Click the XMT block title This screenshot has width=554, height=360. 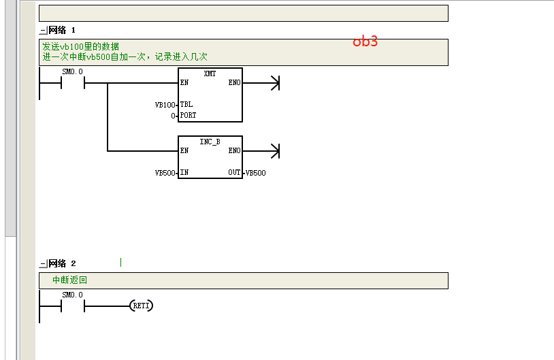pyautogui.click(x=210, y=73)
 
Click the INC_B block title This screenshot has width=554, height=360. pyautogui.click(x=210, y=142)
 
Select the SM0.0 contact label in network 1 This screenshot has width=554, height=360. pyautogui.click(x=72, y=71)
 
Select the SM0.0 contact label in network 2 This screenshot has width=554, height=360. pyautogui.click(x=72, y=295)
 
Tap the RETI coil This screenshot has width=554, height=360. pyautogui.click(x=142, y=306)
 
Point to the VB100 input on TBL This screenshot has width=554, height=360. pyautogui.click(x=165, y=105)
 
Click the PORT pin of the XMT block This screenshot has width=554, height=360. pyautogui.click(x=188, y=115)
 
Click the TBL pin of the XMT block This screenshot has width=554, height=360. pyautogui.click(x=186, y=104)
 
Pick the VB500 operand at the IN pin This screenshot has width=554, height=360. pyautogui.click(x=165, y=173)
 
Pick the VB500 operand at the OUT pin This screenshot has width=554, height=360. pyautogui.click(x=255, y=173)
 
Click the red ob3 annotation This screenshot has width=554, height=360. pyautogui.click(x=365, y=42)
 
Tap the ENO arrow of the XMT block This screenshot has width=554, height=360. pyautogui.click(x=261, y=83)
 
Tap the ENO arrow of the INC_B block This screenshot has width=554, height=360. pyautogui.click(x=261, y=151)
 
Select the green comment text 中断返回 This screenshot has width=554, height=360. pyautogui.click(x=69, y=280)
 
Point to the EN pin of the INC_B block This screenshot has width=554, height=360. pyautogui.click(x=184, y=150)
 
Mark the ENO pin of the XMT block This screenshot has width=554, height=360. pyautogui.click(x=234, y=82)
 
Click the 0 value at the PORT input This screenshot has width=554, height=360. pyautogui.click(x=173, y=116)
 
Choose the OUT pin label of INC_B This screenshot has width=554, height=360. pyautogui.click(x=234, y=172)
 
